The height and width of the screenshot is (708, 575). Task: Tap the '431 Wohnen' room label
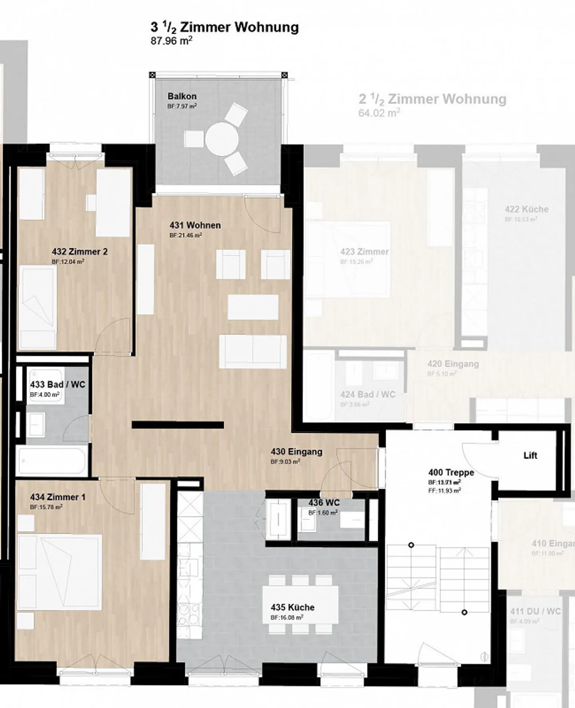(195, 225)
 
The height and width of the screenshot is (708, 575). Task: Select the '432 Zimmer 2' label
(79, 252)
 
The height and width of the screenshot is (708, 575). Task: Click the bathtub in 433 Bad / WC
(52, 461)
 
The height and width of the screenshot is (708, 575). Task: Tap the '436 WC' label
(324, 503)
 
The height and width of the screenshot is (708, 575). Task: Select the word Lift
(530, 455)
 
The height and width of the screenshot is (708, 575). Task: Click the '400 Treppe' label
(451, 473)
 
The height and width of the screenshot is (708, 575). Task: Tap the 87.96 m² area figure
(171, 41)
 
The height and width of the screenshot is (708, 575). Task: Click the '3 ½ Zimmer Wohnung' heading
(224, 27)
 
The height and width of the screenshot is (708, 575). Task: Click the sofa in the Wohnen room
(253, 352)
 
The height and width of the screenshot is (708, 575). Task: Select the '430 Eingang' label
(296, 452)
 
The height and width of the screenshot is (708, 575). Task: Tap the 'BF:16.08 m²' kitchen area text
(287, 617)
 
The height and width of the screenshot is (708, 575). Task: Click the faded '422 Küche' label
(526, 209)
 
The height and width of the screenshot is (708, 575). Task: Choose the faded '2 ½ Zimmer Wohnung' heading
(432, 99)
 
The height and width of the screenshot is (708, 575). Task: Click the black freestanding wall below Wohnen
(178, 425)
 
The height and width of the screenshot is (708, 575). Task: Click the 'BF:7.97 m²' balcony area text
(182, 106)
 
